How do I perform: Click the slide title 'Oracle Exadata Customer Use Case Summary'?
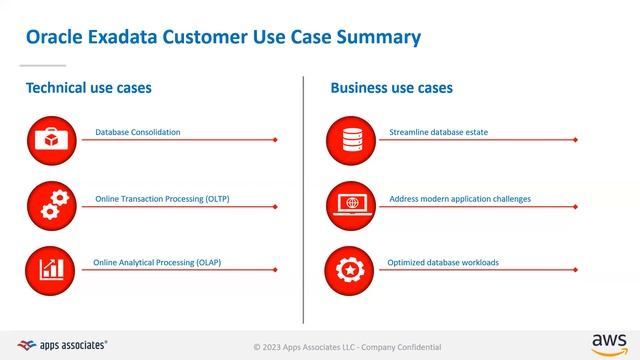pos(222,38)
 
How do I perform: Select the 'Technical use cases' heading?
pos(89,88)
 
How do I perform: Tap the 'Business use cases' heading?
pos(391,88)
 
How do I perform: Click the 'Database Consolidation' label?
pos(138,132)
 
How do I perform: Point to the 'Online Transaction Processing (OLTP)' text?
pos(162,199)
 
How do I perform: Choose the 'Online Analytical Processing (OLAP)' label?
pos(157,263)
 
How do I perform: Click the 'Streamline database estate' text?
pos(439,132)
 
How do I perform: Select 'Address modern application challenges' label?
pos(460,199)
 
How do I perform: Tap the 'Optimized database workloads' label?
pos(443,263)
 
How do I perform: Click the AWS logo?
pos(608,343)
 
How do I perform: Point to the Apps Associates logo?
pos(62,344)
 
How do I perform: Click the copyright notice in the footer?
pos(347,346)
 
